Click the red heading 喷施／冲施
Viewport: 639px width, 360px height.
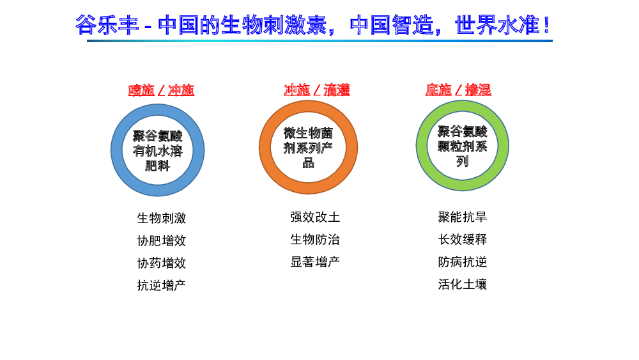pos(161,90)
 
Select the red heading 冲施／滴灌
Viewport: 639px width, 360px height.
pos(317,90)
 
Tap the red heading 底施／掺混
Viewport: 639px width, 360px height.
pos(458,90)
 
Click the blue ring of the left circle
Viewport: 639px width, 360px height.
pos(116,150)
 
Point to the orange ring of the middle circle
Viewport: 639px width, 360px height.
pos(265,147)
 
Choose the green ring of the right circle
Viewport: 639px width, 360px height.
pos(422,146)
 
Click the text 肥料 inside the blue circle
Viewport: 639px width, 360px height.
pos(157,166)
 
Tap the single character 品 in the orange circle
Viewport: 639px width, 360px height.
pos(309,163)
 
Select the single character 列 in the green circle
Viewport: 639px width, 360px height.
pos(462,161)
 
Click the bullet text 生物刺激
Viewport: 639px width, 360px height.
pos(162,218)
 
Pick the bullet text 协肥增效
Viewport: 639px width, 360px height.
pos(162,240)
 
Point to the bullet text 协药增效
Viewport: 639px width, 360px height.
pos(162,263)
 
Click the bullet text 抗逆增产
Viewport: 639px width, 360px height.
pos(162,285)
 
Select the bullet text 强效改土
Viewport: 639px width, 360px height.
pos(315,217)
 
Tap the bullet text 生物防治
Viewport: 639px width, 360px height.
pos(315,239)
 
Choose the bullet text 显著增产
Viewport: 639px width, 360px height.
pos(315,262)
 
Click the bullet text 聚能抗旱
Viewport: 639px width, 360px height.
pos(463,217)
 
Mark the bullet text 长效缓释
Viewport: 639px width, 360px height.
pos(463,239)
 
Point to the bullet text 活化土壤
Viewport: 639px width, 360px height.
pos(463,284)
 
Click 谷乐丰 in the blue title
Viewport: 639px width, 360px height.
pos(107,25)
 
